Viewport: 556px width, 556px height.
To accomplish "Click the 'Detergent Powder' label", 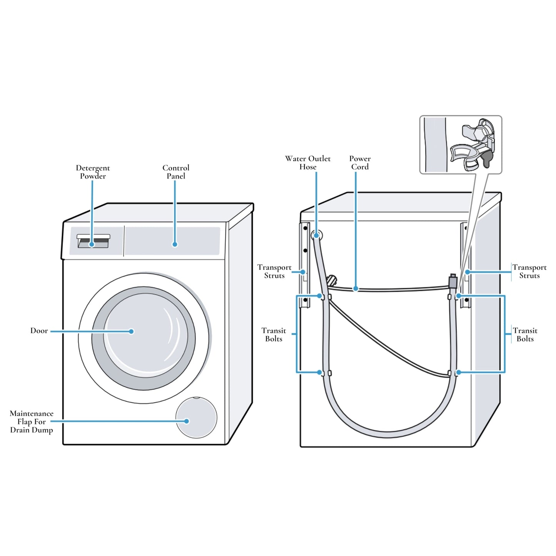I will [x=93, y=172].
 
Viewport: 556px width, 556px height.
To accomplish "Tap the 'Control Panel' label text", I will [x=176, y=172].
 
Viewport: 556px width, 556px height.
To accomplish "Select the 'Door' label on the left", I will [x=39, y=331].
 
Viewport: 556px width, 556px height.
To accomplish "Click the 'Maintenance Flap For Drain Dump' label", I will [x=32, y=422].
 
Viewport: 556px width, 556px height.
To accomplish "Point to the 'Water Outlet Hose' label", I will [x=308, y=163].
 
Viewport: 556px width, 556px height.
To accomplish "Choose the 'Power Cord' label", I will [x=360, y=163].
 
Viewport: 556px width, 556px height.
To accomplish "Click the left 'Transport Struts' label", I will [x=274, y=271].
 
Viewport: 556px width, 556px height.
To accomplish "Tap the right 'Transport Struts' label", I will [x=529, y=271].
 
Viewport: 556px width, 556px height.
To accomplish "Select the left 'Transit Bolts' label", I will [x=274, y=335].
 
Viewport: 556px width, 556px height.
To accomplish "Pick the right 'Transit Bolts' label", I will [x=525, y=335].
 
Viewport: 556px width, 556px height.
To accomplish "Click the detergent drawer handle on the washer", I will [x=94, y=237].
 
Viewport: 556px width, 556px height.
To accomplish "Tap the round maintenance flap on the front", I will [x=196, y=418].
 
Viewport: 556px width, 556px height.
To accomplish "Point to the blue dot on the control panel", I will [x=175, y=244].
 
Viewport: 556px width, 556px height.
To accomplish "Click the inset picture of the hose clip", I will [x=461, y=145].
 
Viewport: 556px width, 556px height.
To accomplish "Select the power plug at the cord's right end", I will [x=453, y=282].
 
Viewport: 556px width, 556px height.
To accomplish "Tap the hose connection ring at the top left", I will [x=317, y=235].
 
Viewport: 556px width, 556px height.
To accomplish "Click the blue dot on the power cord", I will [x=356, y=289].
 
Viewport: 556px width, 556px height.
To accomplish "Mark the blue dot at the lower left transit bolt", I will [x=319, y=372].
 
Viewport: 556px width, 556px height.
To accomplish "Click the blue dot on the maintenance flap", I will [x=187, y=421].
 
